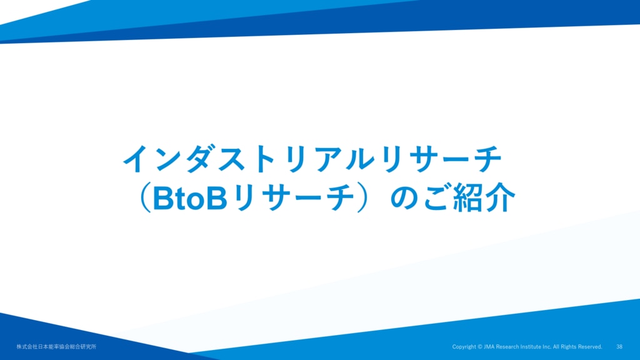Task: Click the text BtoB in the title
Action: pos(190,198)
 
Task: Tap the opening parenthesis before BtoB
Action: pos(144,198)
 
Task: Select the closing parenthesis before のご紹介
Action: pos(362,198)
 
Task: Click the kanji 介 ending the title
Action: pos(501,198)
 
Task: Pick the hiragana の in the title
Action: pos(405,199)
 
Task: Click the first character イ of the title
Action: pos(137,159)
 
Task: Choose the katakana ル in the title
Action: pos(360,159)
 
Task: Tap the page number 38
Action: pos(619,347)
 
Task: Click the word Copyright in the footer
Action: pos(464,347)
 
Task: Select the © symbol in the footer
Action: pos(480,347)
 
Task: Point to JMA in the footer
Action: pos(489,347)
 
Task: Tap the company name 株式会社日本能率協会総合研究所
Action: pos(56,347)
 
